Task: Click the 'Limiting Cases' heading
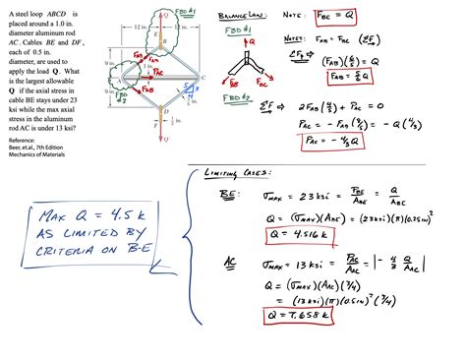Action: pyautogui.click(x=233, y=173)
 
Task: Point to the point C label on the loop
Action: pyautogui.click(x=201, y=77)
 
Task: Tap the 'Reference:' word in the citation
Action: pyautogui.click(x=19, y=141)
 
